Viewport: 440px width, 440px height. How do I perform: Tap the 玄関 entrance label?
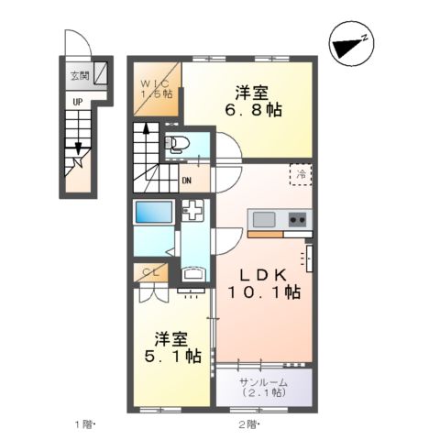pyautogui.click(x=79, y=76)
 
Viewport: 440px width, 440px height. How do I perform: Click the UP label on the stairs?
pyautogui.click(x=79, y=103)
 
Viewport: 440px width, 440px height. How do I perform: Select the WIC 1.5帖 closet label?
pyautogui.click(x=157, y=91)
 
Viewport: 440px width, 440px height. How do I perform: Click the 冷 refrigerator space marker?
pyautogui.click(x=302, y=173)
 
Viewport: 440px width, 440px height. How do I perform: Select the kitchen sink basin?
pyautogui.click(x=265, y=220)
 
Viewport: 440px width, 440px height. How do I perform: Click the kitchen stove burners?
pyautogui.click(x=298, y=220)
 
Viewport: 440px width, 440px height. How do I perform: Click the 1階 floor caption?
pyautogui.click(x=85, y=424)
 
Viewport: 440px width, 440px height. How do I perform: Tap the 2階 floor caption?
pyautogui.click(x=249, y=424)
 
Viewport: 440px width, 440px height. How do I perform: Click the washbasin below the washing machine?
pyautogui.click(x=194, y=273)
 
